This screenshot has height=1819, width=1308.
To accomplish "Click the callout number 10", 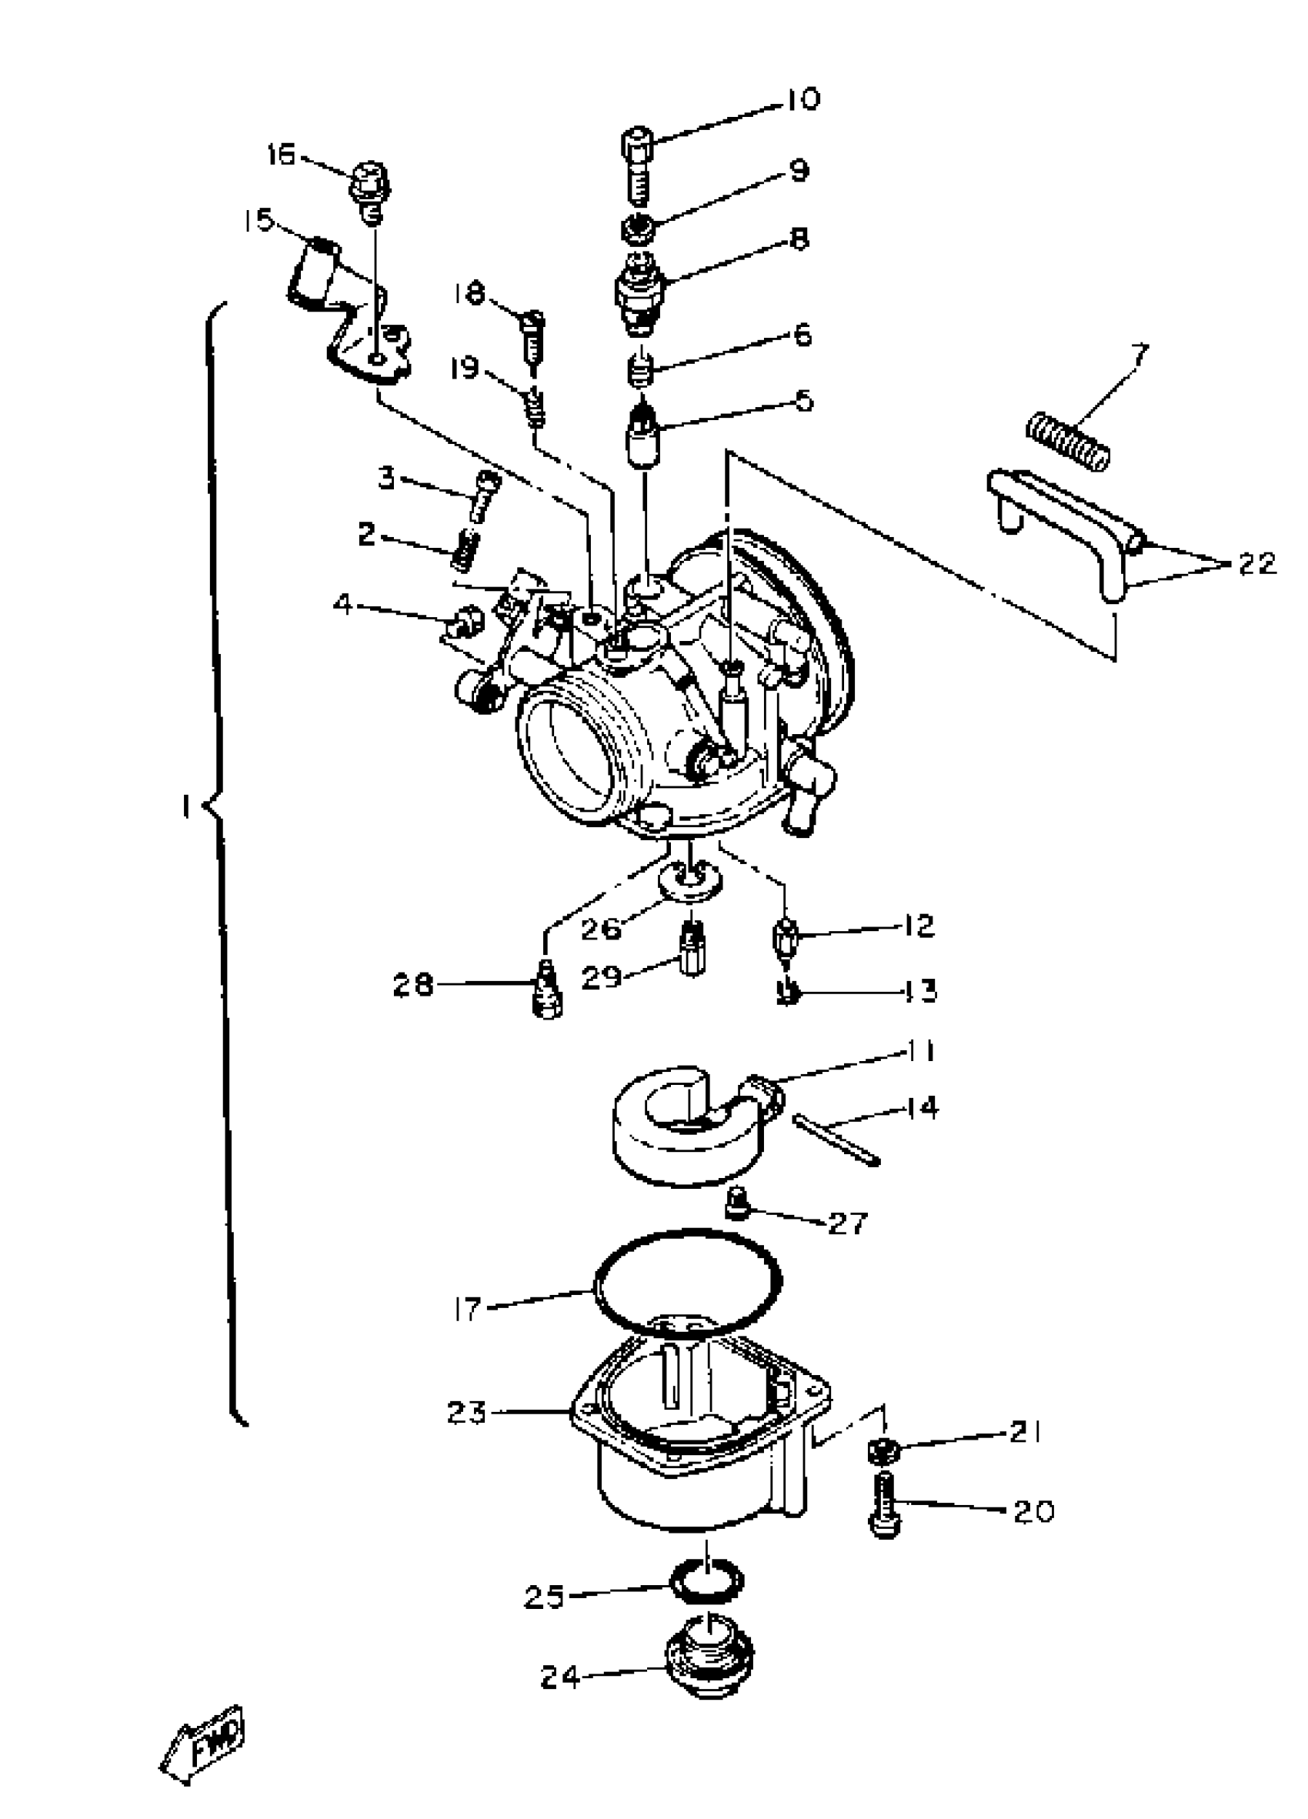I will pos(800,99).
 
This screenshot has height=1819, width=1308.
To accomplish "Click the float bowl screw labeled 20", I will pos(884,1504).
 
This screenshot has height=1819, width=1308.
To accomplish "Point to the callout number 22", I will pos(1256,563).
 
